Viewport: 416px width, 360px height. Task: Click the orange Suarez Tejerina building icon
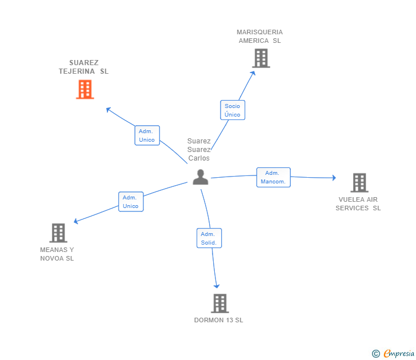pyautogui.click(x=85, y=89)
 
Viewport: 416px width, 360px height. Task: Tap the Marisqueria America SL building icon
pyautogui.click(x=261, y=58)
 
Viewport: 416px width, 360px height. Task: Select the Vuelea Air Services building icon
pyautogui.click(x=359, y=182)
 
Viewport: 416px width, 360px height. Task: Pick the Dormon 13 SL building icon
pyautogui.click(x=219, y=303)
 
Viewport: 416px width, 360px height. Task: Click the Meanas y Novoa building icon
pyautogui.click(x=58, y=233)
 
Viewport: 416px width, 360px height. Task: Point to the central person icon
pyautogui.click(x=200, y=177)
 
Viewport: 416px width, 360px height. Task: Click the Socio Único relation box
pyautogui.click(x=233, y=110)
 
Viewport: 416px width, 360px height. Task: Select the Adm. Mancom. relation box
pyautogui.click(x=273, y=177)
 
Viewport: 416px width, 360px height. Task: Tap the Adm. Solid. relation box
pyautogui.click(x=209, y=238)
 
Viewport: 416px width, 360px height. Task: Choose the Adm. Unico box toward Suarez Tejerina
pyautogui.click(x=147, y=135)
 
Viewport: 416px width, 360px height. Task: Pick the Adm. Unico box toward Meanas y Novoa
pyautogui.click(x=131, y=202)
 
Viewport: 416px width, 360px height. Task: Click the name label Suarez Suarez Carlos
pyautogui.click(x=199, y=150)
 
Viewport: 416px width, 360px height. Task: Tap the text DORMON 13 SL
pyautogui.click(x=218, y=320)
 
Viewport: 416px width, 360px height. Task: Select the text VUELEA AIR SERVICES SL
pyautogui.click(x=358, y=204)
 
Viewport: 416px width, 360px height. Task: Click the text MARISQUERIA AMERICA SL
pyautogui.click(x=260, y=37)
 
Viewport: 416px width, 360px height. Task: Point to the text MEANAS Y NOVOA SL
pyautogui.click(x=57, y=254)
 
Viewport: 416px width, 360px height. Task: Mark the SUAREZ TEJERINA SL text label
pyautogui.click(x=83, y=67)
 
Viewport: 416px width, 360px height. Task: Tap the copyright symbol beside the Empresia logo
pyautogui.click(x=375, y=354)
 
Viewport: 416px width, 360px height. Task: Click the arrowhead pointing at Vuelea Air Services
pyautogui.click(x=334, y=178)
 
